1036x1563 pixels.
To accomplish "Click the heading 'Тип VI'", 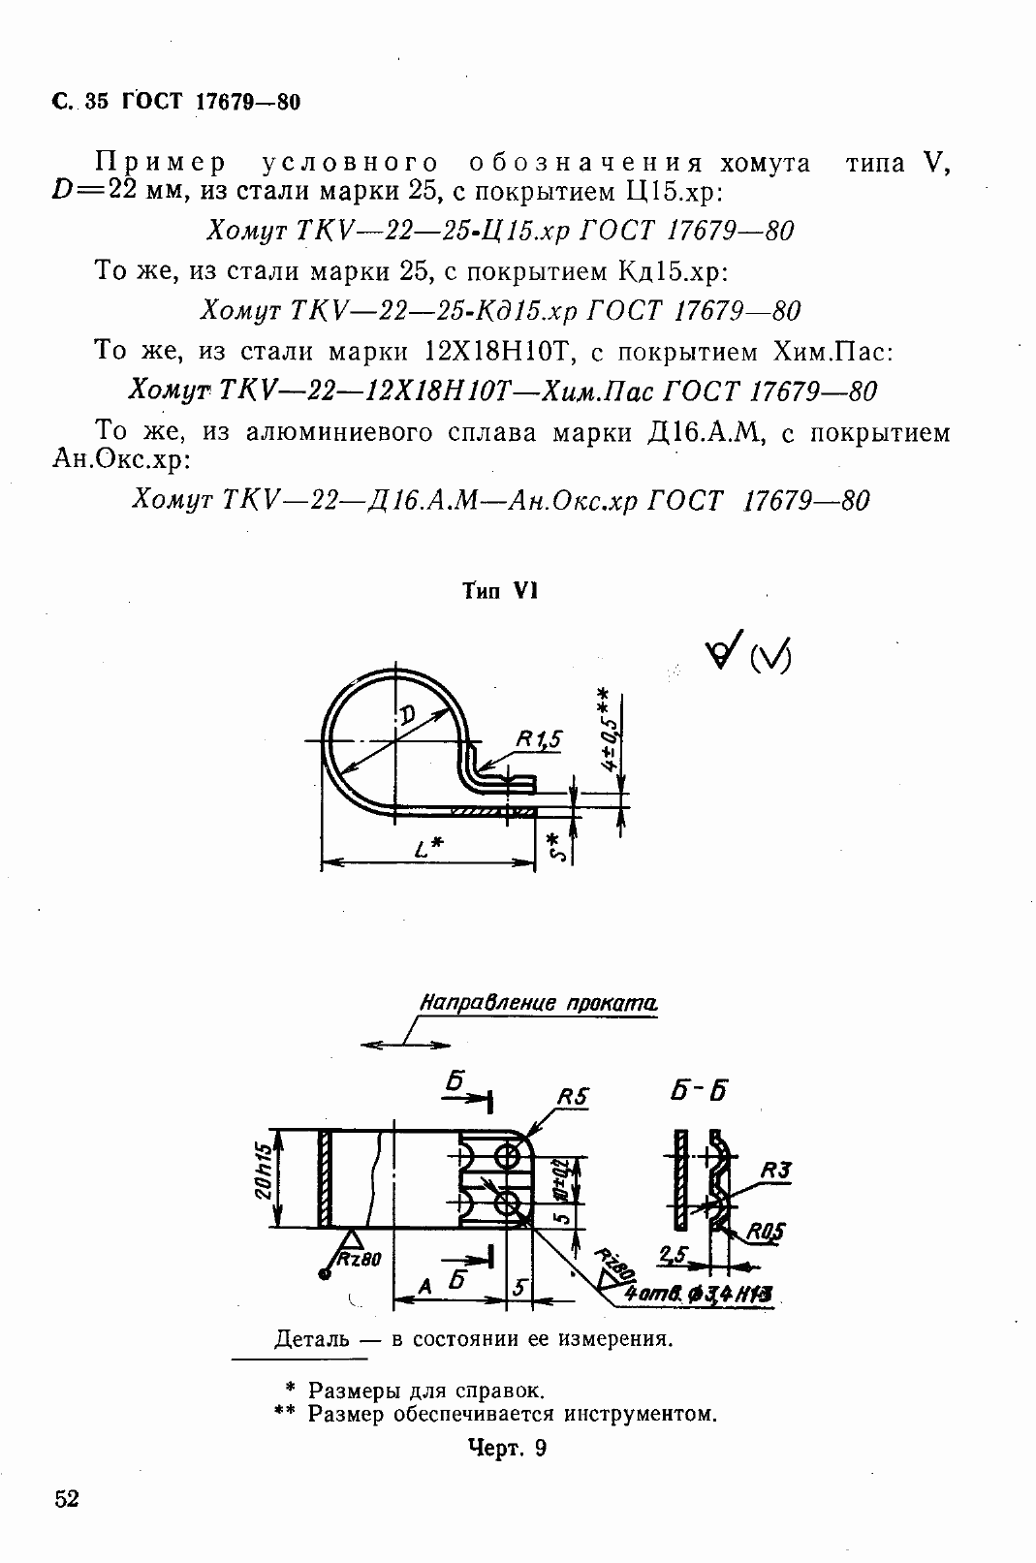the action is (499, 592).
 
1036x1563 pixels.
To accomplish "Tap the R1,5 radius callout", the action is (538, 739).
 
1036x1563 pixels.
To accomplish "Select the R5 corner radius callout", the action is (573, 1096).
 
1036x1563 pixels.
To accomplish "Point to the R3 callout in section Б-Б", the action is (775, 1170).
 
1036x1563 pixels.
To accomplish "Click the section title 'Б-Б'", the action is (699, 1089).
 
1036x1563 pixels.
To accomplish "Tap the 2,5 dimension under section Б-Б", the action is (673, 1255).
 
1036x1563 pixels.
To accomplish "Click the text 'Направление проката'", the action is (538, 1003).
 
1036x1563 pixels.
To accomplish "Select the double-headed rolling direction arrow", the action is (406, 1045).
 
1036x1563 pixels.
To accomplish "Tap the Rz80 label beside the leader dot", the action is (360, 1259).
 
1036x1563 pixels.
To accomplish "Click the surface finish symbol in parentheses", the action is (770, 658).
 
